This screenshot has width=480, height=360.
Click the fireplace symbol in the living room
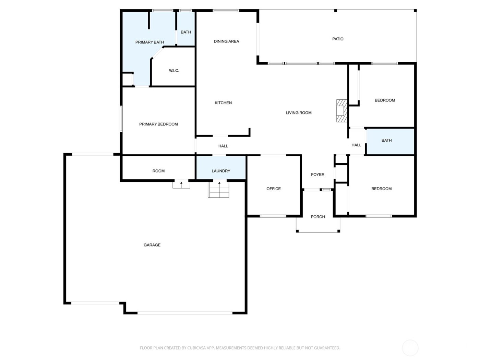341,111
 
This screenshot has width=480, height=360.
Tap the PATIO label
338,39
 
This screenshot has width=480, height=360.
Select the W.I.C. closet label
174,71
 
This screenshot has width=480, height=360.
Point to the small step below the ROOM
181,184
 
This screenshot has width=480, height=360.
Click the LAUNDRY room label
221,171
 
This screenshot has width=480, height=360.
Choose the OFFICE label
274,189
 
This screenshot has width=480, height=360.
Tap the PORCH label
317,217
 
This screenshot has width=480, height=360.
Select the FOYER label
317,175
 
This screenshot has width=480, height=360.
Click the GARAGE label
152,245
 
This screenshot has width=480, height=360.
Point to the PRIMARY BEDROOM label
158,124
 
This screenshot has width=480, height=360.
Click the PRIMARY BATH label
149,43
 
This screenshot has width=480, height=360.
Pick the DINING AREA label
226,41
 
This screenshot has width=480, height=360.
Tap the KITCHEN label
223,103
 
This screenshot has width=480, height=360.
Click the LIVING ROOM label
299,113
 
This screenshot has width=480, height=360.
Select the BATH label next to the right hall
386,141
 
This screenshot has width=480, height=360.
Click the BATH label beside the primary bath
186,32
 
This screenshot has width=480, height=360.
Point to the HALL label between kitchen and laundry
223,146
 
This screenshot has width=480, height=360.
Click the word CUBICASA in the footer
196,348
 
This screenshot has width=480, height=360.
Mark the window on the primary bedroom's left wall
121,119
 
